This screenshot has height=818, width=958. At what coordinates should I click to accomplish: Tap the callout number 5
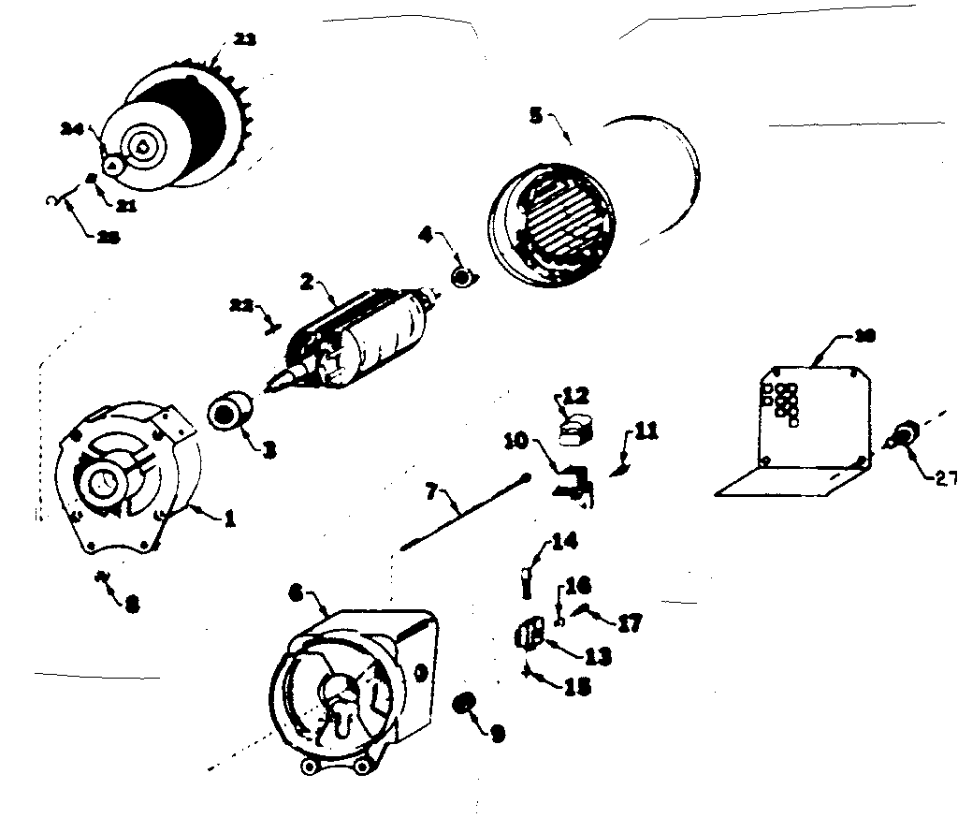point(535,114)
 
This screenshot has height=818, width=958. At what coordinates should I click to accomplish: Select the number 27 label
point(945,475)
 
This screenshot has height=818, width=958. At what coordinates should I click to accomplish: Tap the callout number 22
point(240,305)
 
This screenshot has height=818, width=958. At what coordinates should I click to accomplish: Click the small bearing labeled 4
point(461,277)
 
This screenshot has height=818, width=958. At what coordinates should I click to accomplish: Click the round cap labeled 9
point(461,703)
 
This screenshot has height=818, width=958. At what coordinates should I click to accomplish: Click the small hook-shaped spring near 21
point(52,198)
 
